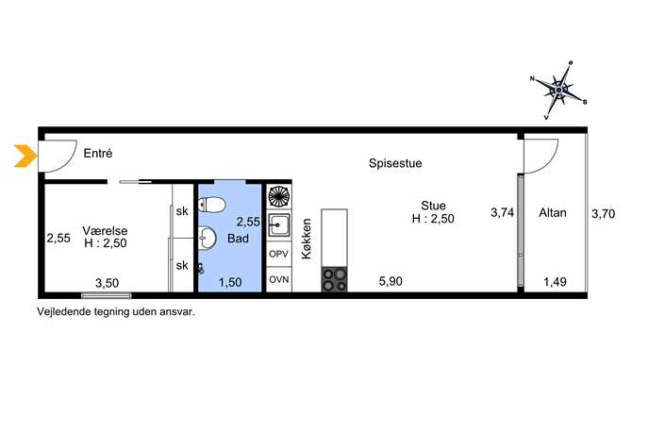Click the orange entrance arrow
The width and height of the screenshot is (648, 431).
click(25, 157)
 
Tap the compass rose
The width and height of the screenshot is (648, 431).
click(558, 91)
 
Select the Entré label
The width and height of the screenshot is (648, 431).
click(98, 154)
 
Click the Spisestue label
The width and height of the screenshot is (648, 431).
click(395, 163)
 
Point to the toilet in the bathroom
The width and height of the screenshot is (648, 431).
click(211, 204)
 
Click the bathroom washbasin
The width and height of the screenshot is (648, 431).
click(208, 238)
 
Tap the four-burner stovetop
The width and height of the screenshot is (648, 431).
click(334, 280)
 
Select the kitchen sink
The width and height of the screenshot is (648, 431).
click(279, 225)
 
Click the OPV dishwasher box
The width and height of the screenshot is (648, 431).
click(279, 254)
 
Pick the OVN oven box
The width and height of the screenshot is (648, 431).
click(279, 279)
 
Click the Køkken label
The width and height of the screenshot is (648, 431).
click(307, 239)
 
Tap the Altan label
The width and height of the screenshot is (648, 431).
click(553, 213)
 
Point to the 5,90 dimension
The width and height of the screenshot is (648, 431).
click(390, 281)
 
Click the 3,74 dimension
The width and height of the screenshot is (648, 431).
click(502, 213)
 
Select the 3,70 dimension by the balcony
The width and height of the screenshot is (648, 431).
click(604, 214)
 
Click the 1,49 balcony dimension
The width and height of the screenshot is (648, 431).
click(555, 282)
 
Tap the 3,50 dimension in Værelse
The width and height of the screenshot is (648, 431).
click(107, 283)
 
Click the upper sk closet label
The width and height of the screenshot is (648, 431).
click(182, 211)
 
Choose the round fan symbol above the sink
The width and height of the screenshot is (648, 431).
click(279, 197)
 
